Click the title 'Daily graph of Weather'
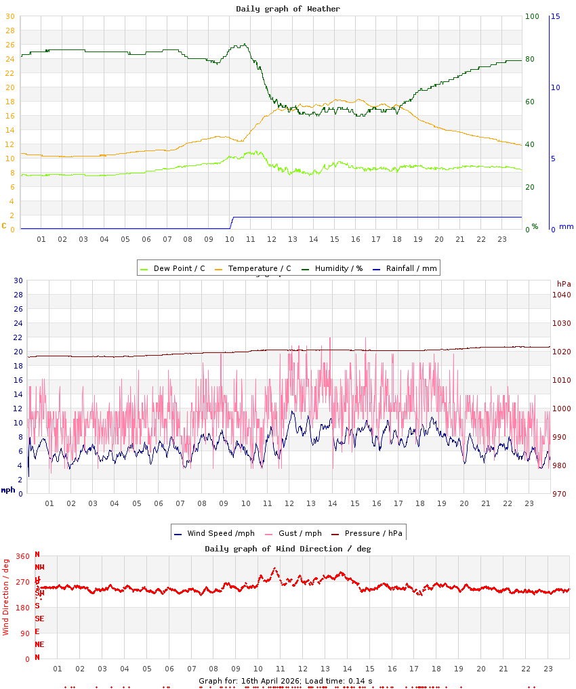[288, 9]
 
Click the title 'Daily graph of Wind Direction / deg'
[288, 549]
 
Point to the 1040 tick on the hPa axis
[562, 295]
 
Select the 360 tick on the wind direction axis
[22, 556]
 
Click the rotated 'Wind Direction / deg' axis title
[6, 596]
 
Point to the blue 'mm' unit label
[566, 226]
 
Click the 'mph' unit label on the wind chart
[7, 489]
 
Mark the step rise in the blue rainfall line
[232, 222]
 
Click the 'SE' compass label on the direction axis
[39, 619]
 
